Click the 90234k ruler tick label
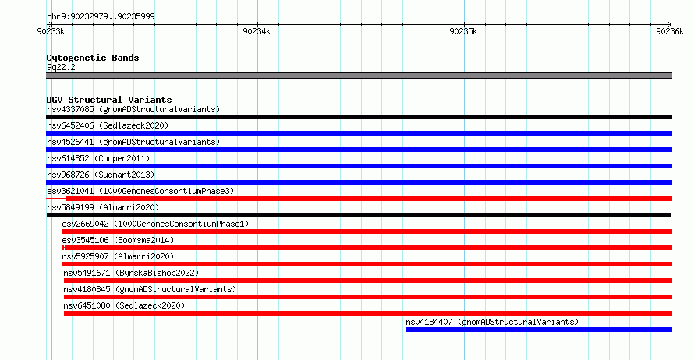point(257,31)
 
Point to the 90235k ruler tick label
point(463,31)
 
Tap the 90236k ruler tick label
point(670,31)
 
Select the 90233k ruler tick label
point(51,31)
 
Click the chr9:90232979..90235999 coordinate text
point(101,17)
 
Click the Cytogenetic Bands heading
point(93,58)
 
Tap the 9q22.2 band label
point(61,67)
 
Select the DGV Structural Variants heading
point(109,100)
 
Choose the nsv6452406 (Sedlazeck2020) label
point(108,125)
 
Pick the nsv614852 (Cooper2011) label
point(98,158)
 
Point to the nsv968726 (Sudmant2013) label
point(101,175)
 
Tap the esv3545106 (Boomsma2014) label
point(118,240)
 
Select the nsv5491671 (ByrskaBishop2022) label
point(131,273)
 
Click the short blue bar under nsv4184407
point(539,330)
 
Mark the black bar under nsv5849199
point(359,215)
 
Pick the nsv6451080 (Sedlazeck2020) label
point(124,305)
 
